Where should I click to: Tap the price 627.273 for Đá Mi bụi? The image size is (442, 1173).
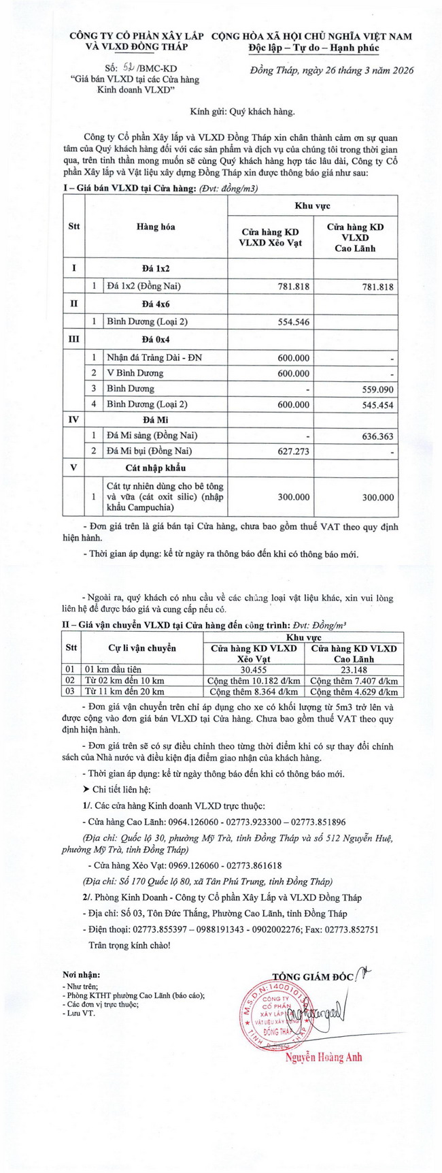coord(293,451)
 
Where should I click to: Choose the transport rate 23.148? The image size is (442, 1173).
coord(353,669)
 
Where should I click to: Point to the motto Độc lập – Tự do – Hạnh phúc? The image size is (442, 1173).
coord(313,48)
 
